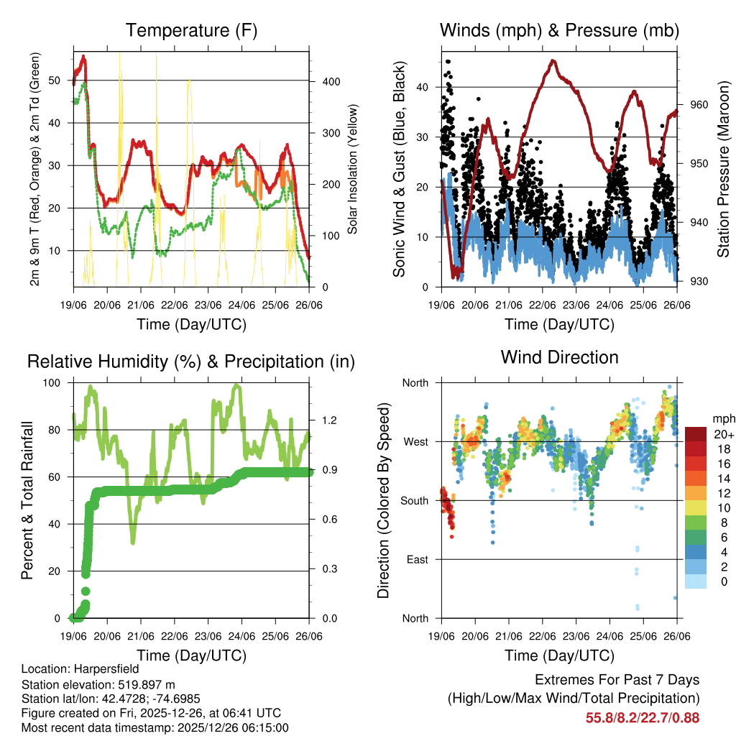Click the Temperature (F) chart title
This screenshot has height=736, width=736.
coord(191,30)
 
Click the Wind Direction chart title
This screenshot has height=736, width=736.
coord(559,357)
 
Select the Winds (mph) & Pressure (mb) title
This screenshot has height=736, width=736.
coord(559,30)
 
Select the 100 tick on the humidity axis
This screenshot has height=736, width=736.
coord(55,382)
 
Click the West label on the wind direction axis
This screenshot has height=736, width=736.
coord(415,441)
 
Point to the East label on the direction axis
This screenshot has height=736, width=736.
coord(416,559)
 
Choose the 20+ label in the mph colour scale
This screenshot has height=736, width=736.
coord(723,434)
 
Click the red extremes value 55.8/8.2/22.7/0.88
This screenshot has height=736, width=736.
coord(643,717)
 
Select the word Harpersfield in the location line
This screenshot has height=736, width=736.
coord(107,668)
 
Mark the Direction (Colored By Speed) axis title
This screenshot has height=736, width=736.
coord(384,500)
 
